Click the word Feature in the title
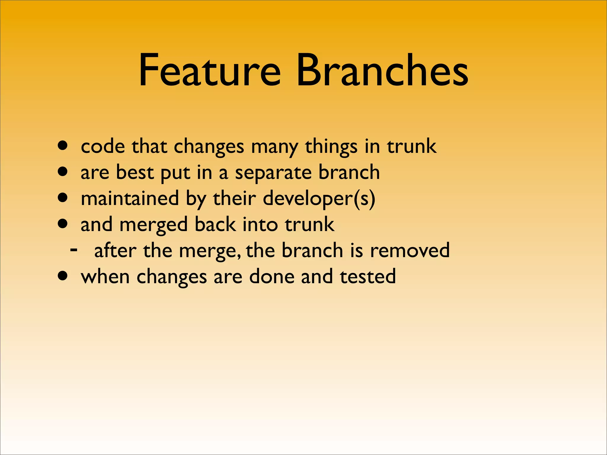209,71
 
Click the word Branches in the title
382,71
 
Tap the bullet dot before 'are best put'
63,172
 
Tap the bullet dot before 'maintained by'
63,198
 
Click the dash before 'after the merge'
74,250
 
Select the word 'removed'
410,250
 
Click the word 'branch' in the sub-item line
312,250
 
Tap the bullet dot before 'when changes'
63,276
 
